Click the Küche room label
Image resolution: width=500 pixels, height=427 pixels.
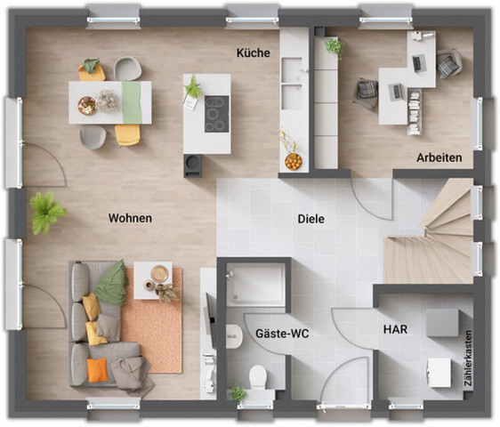click(253, 53)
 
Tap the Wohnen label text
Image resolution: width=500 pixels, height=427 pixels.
click(130, 218)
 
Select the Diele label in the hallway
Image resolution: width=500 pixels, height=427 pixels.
click(310, 219)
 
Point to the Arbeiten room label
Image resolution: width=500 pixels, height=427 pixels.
click(440, 157)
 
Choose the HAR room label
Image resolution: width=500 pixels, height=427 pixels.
click(396, 329)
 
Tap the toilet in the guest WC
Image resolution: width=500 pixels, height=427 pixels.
click(258, 377)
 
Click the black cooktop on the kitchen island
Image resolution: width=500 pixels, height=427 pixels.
click(216, 113)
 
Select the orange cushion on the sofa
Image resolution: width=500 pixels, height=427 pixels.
click(97, 369)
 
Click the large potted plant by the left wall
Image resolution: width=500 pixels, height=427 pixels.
click(46, 212)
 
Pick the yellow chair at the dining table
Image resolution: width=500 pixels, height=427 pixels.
click(127, 135)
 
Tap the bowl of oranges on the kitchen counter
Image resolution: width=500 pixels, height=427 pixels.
click(293, 161)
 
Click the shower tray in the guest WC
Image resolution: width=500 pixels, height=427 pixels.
click(254, 286)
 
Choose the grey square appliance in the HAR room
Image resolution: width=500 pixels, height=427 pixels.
click(442, 322)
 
